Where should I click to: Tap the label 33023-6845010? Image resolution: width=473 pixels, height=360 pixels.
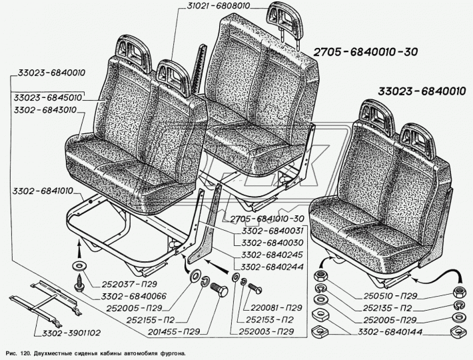46,97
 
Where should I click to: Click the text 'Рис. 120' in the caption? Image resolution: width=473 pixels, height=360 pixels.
18,351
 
